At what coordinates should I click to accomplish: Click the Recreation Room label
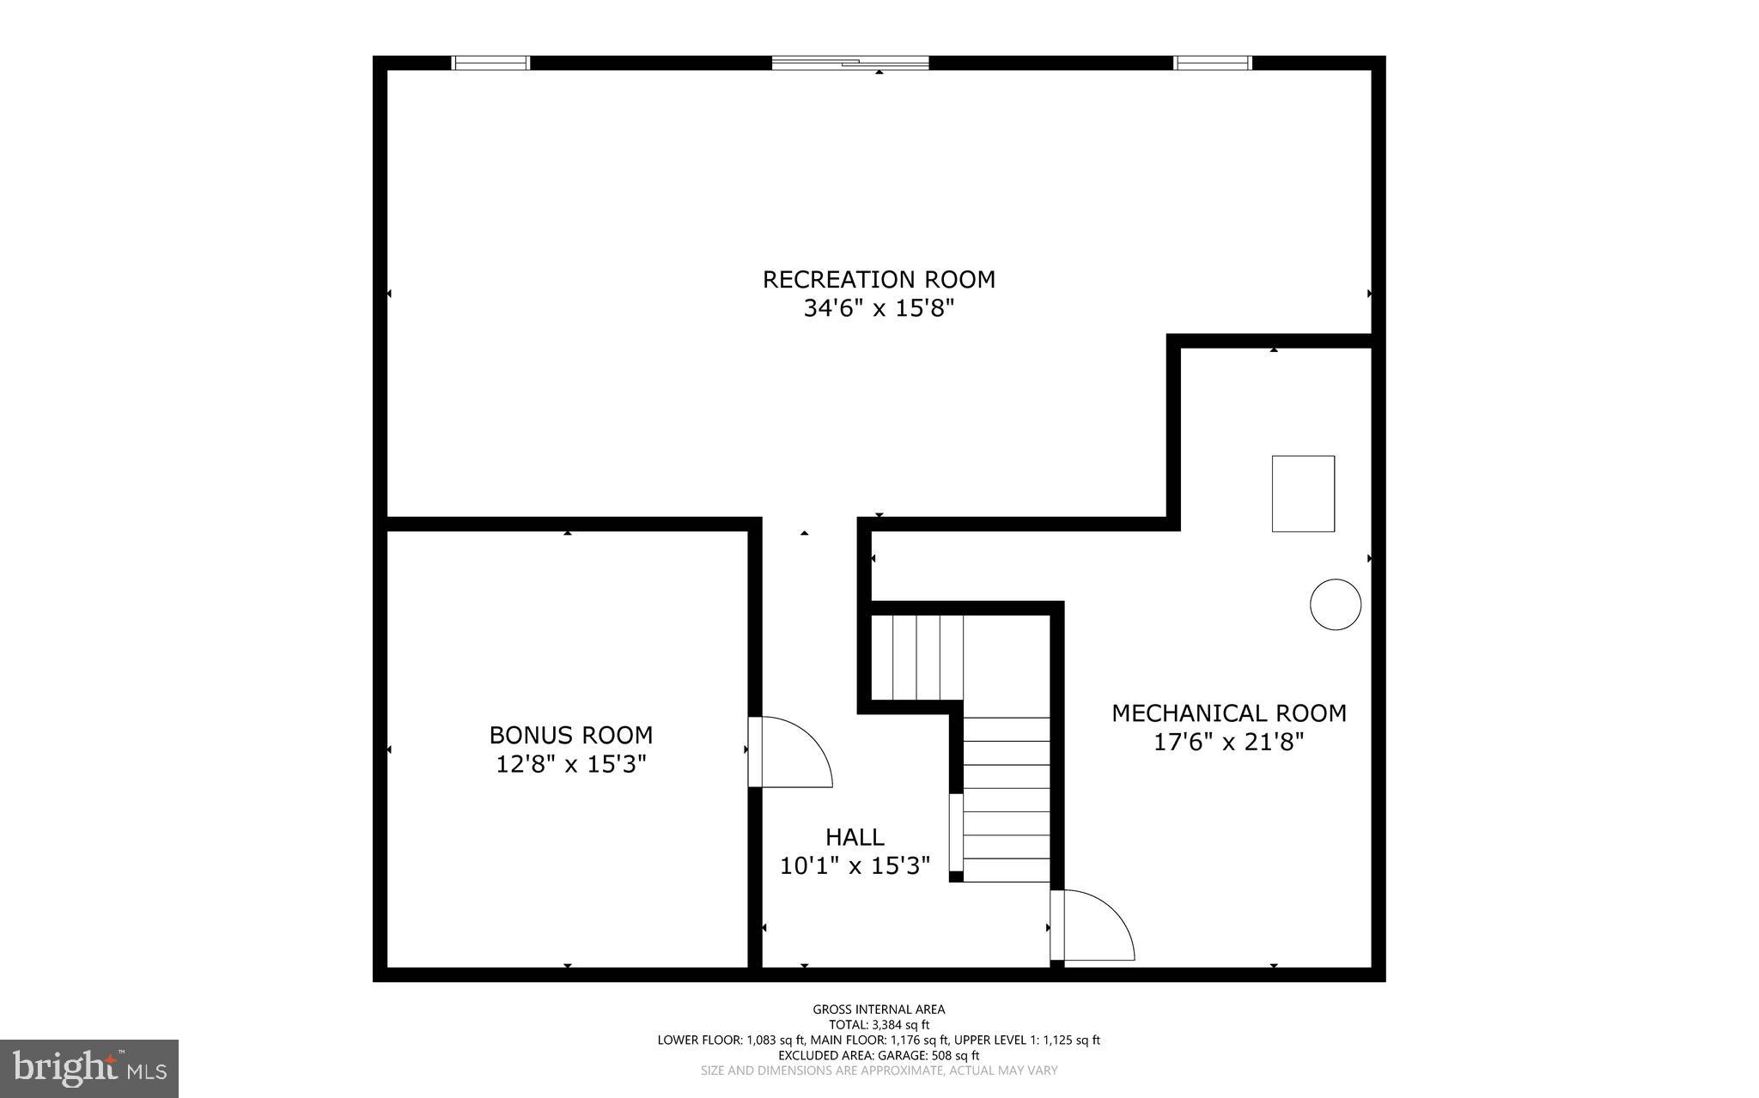(879, 279)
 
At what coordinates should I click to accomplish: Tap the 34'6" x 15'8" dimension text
(879, 308)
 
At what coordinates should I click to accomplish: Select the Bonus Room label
(571, 735)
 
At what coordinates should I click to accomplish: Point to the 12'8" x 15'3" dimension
(571, 763)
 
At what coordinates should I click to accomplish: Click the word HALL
(855, 837)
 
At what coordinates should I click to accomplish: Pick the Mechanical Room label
(1229, 713)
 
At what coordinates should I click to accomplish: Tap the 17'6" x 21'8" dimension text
(1229, 742)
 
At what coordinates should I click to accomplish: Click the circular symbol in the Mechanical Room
(1336, 604)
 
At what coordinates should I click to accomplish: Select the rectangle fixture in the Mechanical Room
(1303, 494)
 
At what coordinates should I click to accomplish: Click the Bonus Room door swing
(790, 754)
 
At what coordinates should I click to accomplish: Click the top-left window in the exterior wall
(491, 63)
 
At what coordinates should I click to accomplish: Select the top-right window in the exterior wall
(1213, 63)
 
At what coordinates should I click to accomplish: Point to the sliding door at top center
(850, 63)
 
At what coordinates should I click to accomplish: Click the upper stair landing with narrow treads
(917, 658)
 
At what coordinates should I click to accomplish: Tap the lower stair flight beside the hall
(1007, 798)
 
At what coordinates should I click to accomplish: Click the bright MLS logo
(89, 1069)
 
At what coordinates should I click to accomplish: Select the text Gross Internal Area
(879, 1010)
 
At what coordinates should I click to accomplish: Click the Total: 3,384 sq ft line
(879, 1024)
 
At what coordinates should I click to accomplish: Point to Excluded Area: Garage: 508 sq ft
(879, 1055)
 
